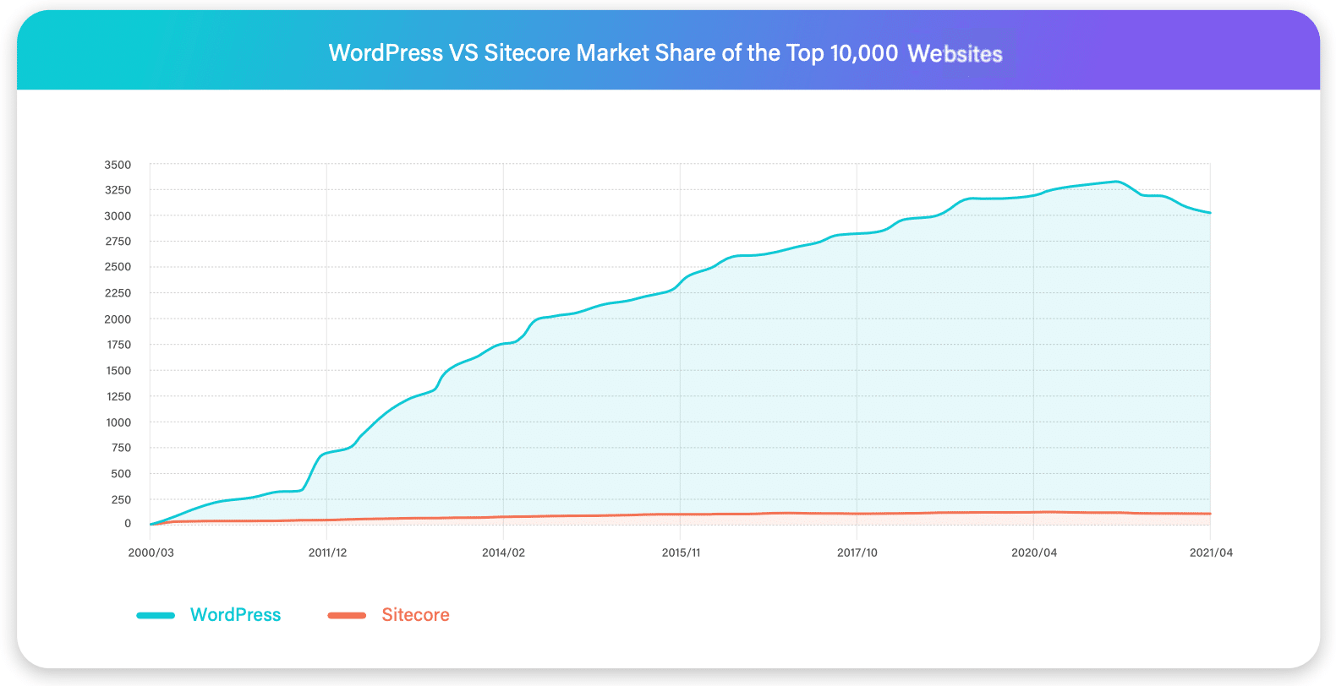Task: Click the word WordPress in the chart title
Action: [386, 53]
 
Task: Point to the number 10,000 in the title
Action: [863, 53]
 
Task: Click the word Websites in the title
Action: [955, 54]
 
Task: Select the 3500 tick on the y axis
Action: [118, 165]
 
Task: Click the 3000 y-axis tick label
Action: [118, 216]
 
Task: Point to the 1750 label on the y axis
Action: [118, 345]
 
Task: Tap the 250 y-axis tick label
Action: [121, 499]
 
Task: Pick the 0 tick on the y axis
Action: [128, 524]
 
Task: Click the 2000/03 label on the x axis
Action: [151, 553]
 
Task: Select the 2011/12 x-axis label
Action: [327, 553]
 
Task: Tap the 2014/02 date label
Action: [503, 553]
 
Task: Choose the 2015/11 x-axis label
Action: [681, 553]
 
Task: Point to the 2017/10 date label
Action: [857, 553]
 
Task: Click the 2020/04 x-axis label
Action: [1034, 553]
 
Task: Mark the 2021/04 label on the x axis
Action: [1211, 553]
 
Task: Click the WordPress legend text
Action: [235, 615]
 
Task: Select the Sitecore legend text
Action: [415, 615]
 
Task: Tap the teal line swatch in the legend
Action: [156, 615]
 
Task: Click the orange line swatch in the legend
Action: [347, 615]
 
